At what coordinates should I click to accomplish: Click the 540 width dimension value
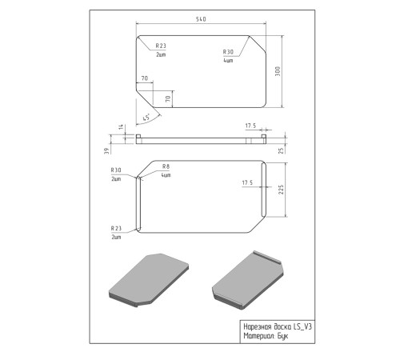tap(201, 19)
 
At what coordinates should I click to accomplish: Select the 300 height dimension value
tap(278, 71)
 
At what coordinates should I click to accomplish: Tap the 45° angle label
tap(146, 117)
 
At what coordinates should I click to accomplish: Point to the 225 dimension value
tap(281, 190)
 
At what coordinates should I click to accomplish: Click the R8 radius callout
tap(166, 166)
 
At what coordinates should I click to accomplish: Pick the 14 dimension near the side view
tap(122, 126)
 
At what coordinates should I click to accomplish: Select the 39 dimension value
tap(106, 151)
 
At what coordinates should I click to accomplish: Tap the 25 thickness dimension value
tap(281, 150)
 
